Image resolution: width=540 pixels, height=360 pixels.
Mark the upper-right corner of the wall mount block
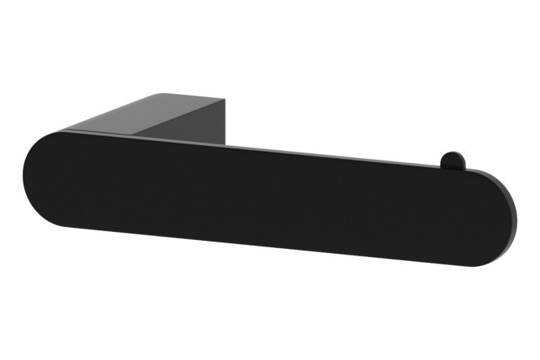[x=225, y=100]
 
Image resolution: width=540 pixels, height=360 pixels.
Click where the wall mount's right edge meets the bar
[x=225, y=146]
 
